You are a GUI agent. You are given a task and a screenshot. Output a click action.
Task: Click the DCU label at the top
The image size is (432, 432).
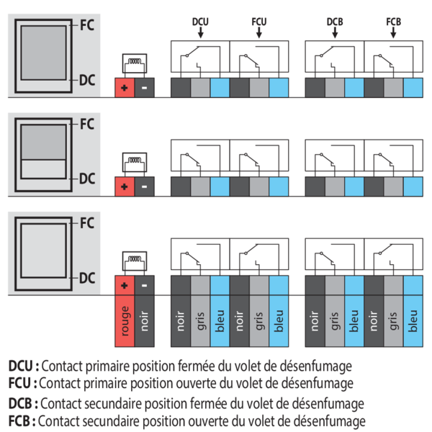point(201,22)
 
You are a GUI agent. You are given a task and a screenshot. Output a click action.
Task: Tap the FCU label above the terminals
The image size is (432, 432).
point(259,22)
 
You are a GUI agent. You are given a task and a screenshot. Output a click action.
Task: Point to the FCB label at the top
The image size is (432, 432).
point(393,22)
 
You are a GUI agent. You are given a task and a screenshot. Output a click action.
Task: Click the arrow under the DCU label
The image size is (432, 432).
point(201,33)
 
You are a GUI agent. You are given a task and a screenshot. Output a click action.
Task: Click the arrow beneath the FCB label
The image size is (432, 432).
point(393,33)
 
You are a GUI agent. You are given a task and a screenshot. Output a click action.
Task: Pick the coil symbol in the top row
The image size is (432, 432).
point(134,64)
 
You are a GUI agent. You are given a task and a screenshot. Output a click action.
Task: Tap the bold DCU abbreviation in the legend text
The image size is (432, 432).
point(22,365)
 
